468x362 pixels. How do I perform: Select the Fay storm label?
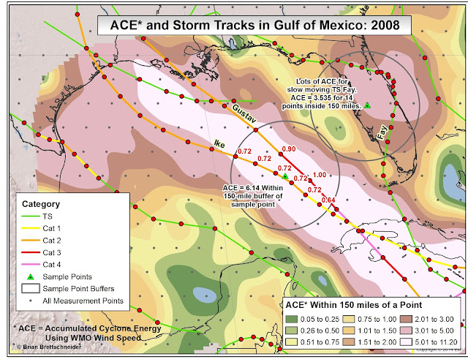click(382, 132)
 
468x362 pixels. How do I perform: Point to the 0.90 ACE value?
click(288, 150)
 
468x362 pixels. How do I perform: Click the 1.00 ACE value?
click(319, 175)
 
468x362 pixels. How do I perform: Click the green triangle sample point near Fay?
click(368, 105)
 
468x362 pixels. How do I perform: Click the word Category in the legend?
click(42, 204)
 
